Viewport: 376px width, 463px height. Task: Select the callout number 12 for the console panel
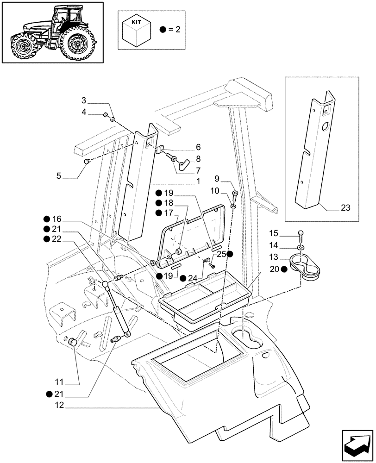click(57, 407)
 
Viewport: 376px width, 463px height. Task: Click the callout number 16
click(56, 219)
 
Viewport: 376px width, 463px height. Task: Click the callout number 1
click(198, 182)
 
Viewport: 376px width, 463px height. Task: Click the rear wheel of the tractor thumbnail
click(77, 45)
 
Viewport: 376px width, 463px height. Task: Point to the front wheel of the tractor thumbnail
click(22, 47)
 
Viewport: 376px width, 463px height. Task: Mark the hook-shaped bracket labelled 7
click(185, 163)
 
